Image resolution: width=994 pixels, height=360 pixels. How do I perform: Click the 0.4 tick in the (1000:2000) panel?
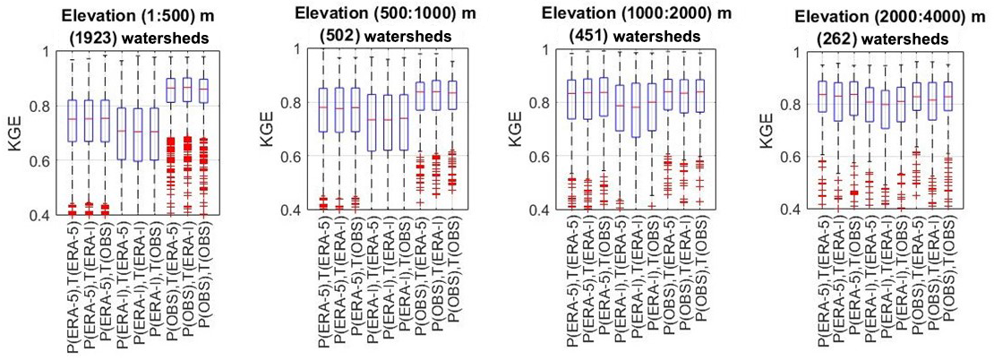coord(553,210)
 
